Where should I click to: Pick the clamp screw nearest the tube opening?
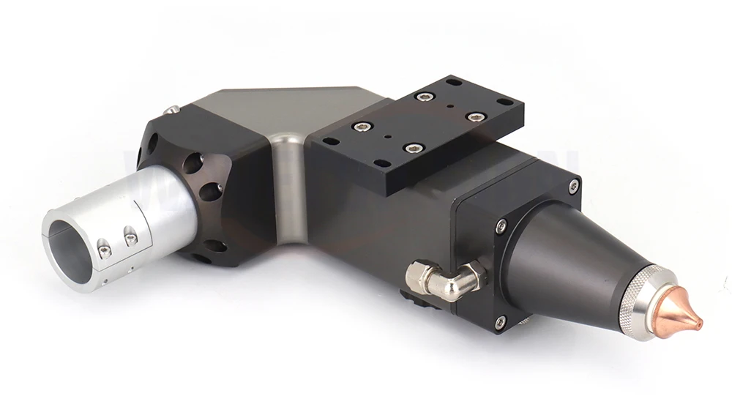[104, 251]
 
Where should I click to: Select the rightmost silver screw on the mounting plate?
[476, 117]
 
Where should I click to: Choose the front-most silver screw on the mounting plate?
[412, 149]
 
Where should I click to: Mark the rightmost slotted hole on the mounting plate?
[504, 102]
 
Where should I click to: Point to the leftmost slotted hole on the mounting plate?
[330, 141]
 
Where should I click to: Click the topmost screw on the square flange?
[573, 185]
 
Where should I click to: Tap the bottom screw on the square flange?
[500, 321]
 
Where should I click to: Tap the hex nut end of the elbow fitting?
[416, 277]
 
